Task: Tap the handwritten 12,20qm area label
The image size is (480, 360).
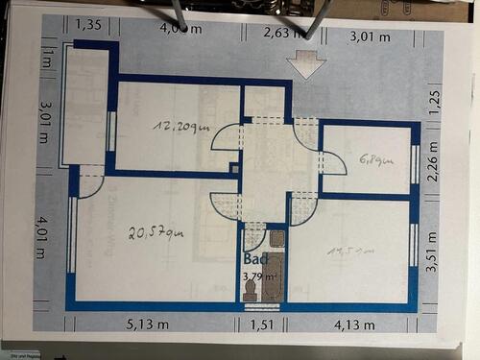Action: [180, 126]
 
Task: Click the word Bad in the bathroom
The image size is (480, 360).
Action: [254, 259]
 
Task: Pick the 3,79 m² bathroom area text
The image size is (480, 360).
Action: [258, 277]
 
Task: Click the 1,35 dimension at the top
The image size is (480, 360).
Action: [89, 23]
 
